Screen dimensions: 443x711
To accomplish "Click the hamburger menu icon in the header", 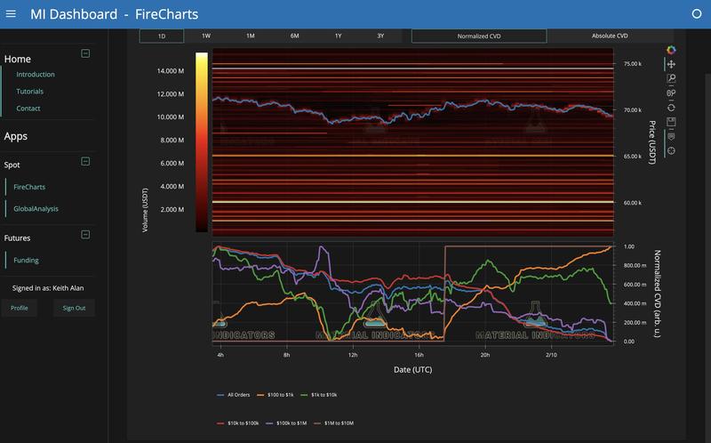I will click(11, 14).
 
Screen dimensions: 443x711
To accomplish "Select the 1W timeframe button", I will click(206, 36).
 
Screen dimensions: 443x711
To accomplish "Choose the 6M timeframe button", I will click(294, 36).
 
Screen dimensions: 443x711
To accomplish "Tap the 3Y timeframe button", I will click(380, 36).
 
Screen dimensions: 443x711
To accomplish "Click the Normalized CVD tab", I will click(478, 36).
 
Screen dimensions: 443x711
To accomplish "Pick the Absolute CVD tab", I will click(610, 36).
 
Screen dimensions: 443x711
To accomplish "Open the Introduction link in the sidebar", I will click(36, 75).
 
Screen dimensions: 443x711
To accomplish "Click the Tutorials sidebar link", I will click(29, 92).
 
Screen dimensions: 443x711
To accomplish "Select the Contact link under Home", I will click(28, 109).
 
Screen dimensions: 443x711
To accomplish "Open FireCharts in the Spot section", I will click(29, 187).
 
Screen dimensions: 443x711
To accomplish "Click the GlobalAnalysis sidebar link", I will click(36, 208).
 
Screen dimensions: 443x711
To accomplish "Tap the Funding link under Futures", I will click(27, 260).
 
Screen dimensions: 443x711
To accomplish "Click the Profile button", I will click(20, 308).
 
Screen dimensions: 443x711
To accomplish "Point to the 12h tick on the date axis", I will click(353, 354).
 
